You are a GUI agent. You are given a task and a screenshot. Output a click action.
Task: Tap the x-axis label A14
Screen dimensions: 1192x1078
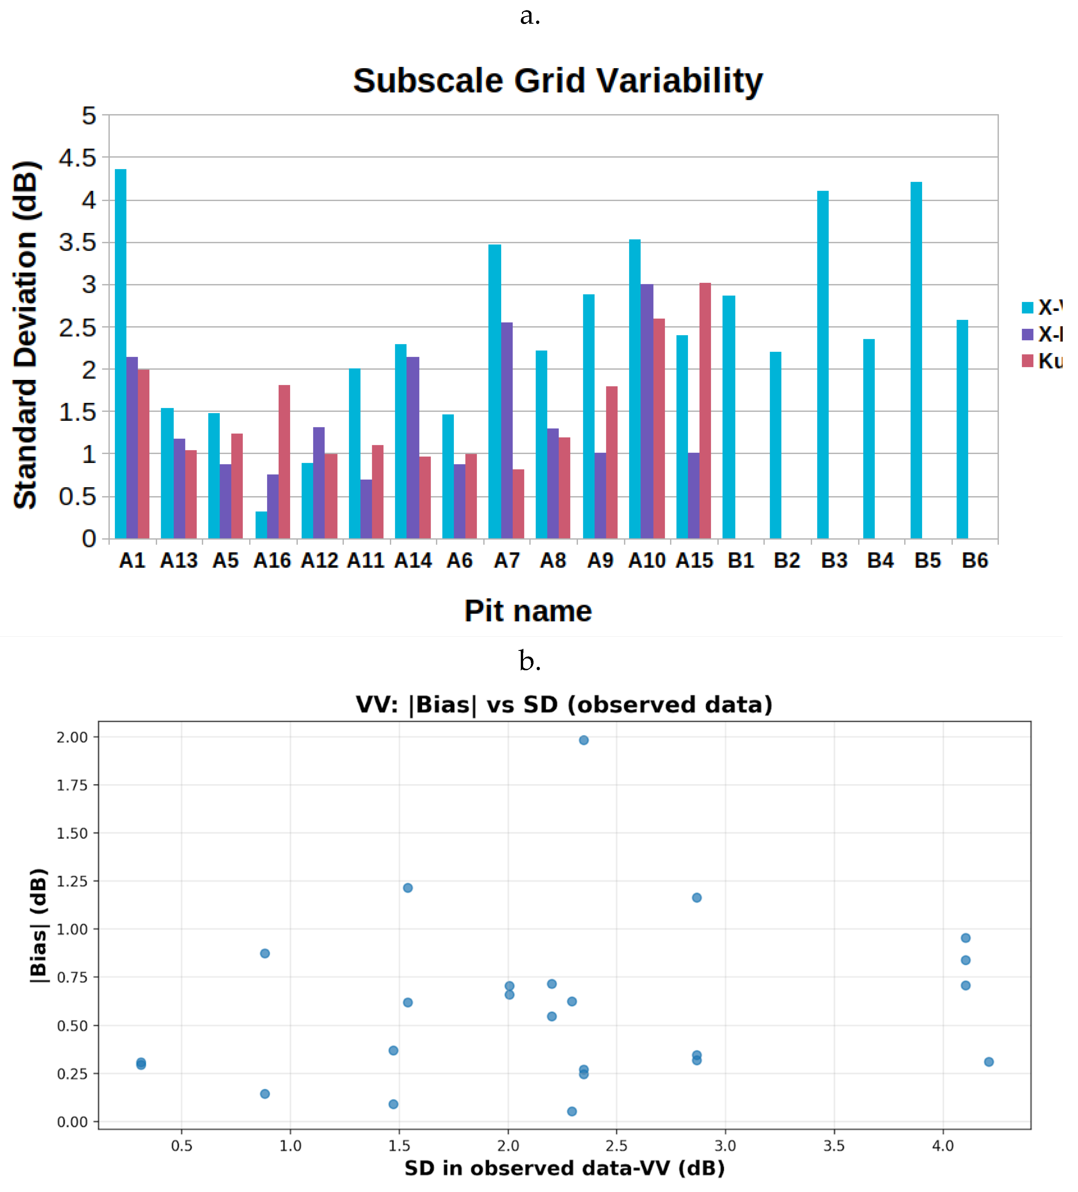coord(413,560)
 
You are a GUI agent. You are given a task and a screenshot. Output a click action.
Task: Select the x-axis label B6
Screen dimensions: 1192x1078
coord(975,560)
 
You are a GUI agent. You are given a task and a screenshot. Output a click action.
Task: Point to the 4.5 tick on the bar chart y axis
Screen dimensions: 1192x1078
coord(77,158)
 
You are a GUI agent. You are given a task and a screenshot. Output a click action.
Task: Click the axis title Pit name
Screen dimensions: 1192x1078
coord(528,611)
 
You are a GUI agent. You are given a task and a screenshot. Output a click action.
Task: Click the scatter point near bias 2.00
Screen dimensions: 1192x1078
coord(583,740)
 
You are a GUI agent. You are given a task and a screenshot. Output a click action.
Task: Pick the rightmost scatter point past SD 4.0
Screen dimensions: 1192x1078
coord(989,1062)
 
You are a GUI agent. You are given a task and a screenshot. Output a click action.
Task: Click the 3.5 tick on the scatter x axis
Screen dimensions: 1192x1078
coord(834,1146)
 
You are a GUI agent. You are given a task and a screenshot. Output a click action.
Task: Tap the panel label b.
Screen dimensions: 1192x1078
coord(529,660)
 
